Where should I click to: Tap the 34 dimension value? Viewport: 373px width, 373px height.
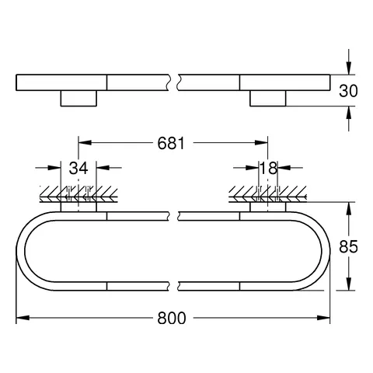78,168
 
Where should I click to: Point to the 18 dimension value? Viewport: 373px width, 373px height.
269,168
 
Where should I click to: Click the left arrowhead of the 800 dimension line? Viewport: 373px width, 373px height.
22,317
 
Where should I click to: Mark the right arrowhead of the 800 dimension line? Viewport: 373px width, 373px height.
329,317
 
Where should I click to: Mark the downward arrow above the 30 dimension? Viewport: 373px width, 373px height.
348,66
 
